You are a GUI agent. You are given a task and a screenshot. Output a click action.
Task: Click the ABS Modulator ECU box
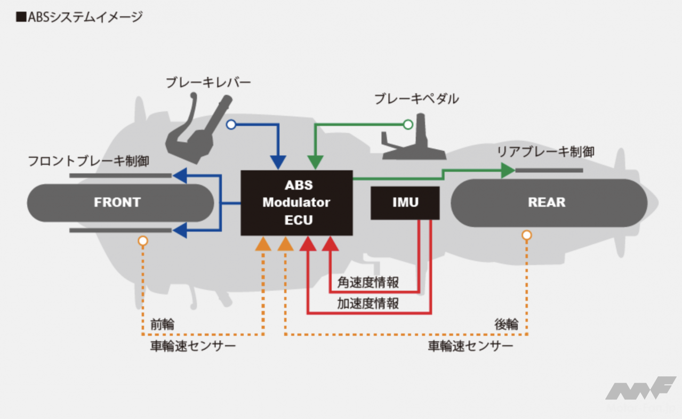pyautogui.click(x=296, y=203)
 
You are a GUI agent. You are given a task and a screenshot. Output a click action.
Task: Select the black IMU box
pyautogui.click(x=405, y=203)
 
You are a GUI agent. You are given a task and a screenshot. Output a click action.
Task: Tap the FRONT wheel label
pyautogui.click(x=117, y=203)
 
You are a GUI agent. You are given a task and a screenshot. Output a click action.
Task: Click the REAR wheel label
pyautogui.click(x=547, y=203)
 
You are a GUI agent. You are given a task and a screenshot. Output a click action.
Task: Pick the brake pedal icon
pyautogui.click(x=414, y=144)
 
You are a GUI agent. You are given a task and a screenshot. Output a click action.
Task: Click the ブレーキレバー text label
pyautogui.click(x=208, y=83)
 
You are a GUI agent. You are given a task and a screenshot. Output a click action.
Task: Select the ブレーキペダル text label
pyautogui.click(x=416, y=99)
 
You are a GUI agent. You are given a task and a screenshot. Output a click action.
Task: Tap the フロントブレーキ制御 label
pyautogui.click(x=89, y=161)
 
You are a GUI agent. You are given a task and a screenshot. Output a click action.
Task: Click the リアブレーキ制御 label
pyautogui.click(x=545, y=151)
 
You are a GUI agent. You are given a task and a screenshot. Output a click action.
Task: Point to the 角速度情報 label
pyautogui.click(x=368, y=281)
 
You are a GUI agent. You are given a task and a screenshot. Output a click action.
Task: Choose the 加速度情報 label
pyautogui.click(x=368, y=303)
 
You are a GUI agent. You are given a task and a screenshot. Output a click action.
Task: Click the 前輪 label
pyautogui.click(x=162, y=324)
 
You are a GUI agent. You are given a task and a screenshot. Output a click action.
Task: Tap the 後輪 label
pyautogui.click(x=506, y=324)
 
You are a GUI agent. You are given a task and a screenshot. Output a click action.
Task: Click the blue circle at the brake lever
pyautogui.click(x=231, y=125)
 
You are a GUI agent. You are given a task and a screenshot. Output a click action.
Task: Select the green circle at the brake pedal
pyautogui.click(x=408, y=125)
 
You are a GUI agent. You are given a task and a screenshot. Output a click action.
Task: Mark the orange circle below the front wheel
pyautogui.click(x=142, y=241)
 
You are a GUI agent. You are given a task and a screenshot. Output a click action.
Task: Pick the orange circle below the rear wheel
pyautogui.click(x=527, y=235)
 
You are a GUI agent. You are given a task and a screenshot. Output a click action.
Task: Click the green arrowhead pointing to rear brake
pyautogui.click(x=508, y=171)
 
